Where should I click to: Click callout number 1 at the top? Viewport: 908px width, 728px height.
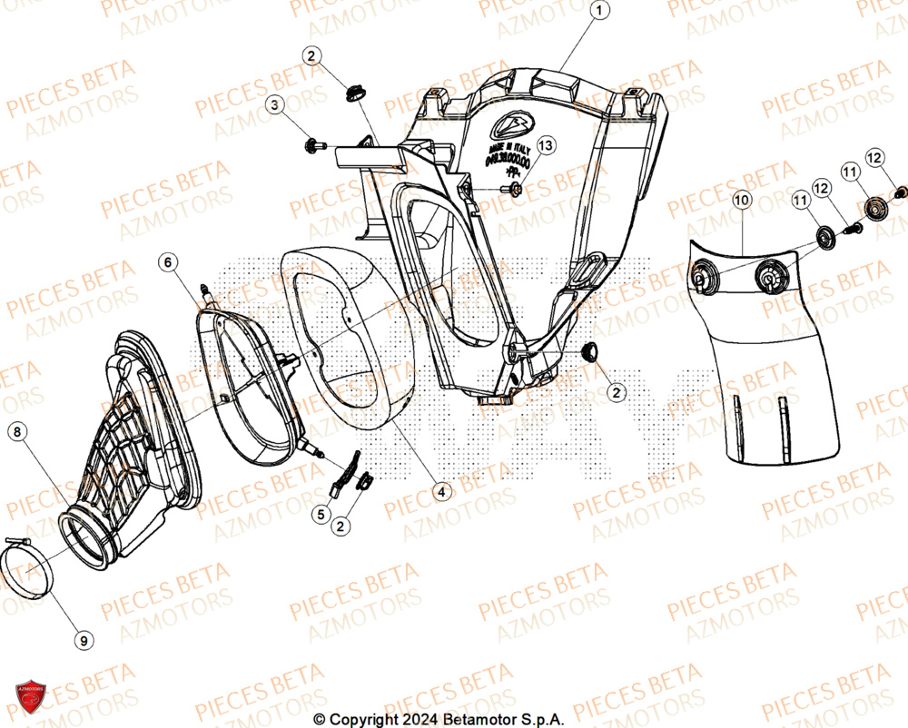[x=598, y=12]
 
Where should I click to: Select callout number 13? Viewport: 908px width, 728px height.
[x=545, y=145]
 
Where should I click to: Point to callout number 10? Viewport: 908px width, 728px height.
[x=741, y=199]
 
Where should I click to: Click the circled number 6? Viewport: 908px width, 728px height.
[x=168, y=262]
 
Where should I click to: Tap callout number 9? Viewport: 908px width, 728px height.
[x=84, y=641]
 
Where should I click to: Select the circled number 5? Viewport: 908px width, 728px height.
[x=320, y=515]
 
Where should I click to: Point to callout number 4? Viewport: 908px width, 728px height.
[x=441, y=491]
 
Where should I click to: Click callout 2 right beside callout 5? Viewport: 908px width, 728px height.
[x=341, y=525]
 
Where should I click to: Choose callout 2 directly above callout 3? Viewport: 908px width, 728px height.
[x=311, y=57]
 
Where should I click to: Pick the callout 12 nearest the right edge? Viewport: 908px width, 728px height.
[x=873, y=158]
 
